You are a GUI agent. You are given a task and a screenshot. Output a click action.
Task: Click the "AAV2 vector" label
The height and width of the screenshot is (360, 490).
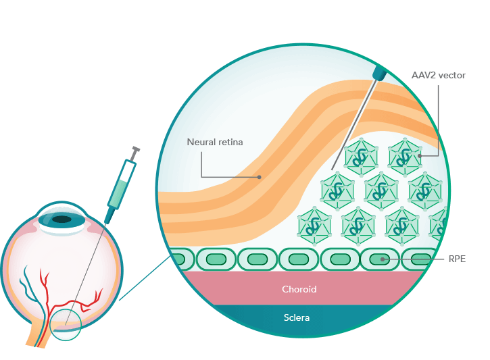pos(438,75)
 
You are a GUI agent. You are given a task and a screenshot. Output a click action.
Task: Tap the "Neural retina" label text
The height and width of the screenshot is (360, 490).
pos(214,143)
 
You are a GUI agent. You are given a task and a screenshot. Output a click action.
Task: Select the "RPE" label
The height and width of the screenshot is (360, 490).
pos(458,259)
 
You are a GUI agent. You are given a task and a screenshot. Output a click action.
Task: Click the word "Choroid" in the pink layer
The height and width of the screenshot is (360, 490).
pos(299,289)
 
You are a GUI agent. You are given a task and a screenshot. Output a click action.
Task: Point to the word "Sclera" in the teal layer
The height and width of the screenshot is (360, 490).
pos(297,316)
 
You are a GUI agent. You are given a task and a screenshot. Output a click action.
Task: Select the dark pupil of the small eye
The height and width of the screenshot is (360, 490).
pos(62,219)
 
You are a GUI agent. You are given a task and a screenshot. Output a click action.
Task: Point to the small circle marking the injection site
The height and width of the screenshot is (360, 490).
pos(66,324)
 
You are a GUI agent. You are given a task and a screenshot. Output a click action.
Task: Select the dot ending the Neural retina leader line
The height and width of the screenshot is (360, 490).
pos(260,177)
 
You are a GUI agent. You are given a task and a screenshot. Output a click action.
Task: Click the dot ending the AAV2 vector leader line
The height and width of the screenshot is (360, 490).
pos(420,155)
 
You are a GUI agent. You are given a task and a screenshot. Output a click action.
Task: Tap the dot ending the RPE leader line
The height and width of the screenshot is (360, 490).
pos(383,259)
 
